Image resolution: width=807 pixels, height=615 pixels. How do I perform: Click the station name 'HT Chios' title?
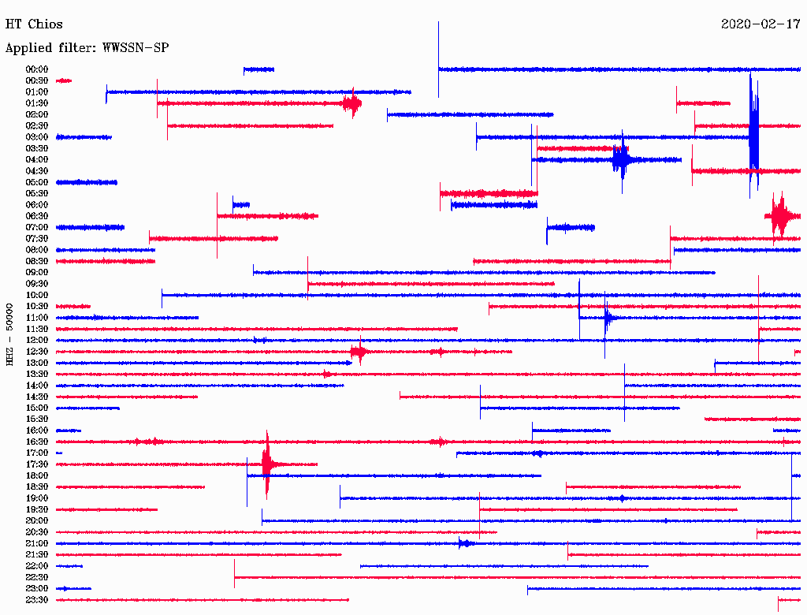click(x=34, y=24)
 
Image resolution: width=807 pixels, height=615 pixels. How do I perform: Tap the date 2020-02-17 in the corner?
click(x=761, y=24)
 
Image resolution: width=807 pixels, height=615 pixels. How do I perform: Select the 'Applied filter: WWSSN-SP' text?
click(x=87, y=48)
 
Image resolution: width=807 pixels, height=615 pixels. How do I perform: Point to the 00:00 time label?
click(x=37, y=69)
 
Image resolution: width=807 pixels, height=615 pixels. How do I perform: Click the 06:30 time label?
click(x=37, y=216)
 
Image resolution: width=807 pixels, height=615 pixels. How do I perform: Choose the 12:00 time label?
click(x=37, y=340)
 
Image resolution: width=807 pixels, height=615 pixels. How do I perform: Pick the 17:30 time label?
click(x=37, y=464)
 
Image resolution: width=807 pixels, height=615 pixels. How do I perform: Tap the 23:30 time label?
click(x=37, y=600)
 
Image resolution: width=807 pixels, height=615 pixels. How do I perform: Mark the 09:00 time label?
click(x=37, y=272)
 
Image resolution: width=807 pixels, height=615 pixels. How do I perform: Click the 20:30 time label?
click(x=37, y=532)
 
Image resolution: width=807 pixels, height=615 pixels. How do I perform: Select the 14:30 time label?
click(x=37, y=397)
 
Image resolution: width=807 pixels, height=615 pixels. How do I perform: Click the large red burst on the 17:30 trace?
click(x=267, y=464)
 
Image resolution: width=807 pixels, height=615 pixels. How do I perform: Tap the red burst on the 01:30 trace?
click(x=351, y=103)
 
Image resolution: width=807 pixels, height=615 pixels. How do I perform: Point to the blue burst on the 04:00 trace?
click(x=621, y=159)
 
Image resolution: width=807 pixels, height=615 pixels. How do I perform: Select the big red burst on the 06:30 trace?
click(x=779, y=214)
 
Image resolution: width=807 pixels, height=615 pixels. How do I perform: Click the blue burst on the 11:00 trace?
click(x=608, y=318)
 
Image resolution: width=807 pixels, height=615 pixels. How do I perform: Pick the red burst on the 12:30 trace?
click(x=359, y=352)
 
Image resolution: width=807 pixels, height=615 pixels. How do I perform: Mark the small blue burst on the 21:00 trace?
click(x=465, y=543)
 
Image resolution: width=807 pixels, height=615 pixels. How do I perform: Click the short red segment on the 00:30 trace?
click(x=64, y=80)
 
